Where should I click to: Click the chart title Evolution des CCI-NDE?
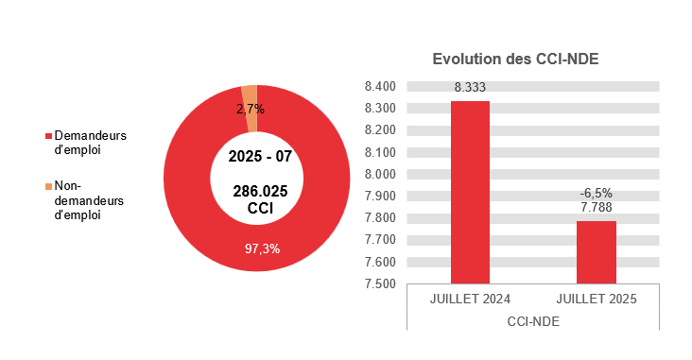(515, 59)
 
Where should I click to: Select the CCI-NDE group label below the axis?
(533, 321)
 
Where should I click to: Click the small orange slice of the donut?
(250, 92)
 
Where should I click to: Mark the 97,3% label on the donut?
(262, 249)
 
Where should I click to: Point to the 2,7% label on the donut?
(251, 109)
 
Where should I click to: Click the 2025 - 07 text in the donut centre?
(260, 155)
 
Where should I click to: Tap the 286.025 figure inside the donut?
(260, 191)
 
